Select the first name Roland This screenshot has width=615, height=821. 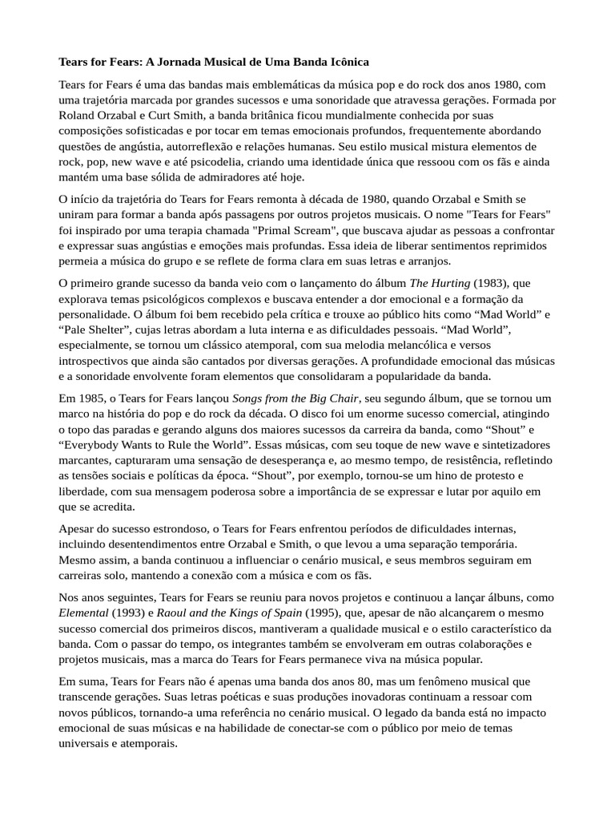tap(78, 115)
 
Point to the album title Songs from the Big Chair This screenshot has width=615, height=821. tap(296, 398)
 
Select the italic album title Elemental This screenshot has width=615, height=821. tap(84, 613)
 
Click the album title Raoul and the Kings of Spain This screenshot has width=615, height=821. tap(230, 613)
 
